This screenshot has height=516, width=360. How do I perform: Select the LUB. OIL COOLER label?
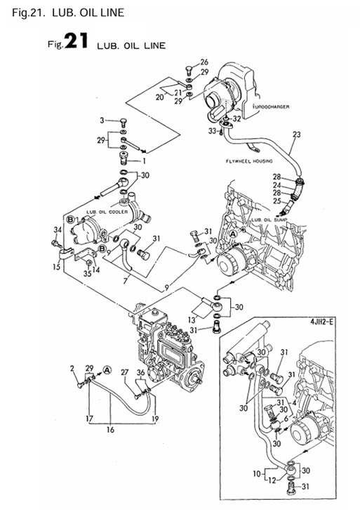(107, 210)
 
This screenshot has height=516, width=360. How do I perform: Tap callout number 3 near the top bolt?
(101, 121)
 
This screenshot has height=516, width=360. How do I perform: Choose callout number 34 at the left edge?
(58, 229)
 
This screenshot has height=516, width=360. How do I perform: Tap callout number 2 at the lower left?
(73, 367)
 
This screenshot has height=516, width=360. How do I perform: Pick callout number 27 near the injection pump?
(125, 373)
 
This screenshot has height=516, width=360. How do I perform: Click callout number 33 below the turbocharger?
(211, 131)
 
